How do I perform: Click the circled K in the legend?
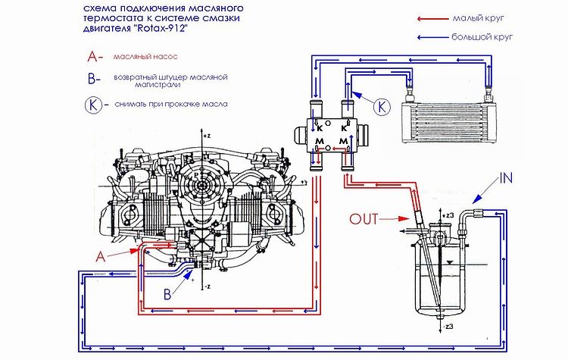pyautogui.click(x=94, y=105)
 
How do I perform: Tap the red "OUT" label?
pyautogui.click(x=365, y=220)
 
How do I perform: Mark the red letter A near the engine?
pyautogui.click(x=99, y=256)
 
